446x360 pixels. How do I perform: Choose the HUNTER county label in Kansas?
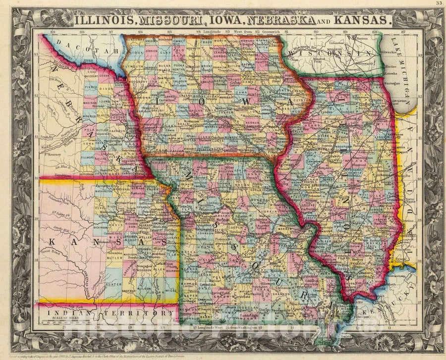pyautogui.click(x=113, y=285)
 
